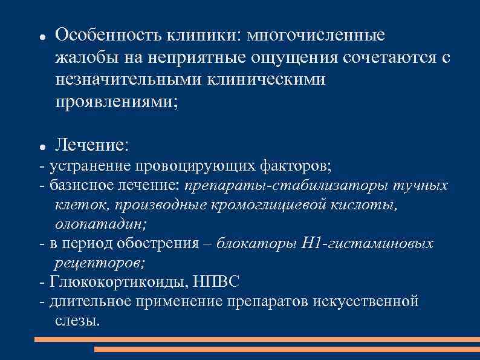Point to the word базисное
click(84, 185)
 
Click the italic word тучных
click(421, 185)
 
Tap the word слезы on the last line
click(77, 321)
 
